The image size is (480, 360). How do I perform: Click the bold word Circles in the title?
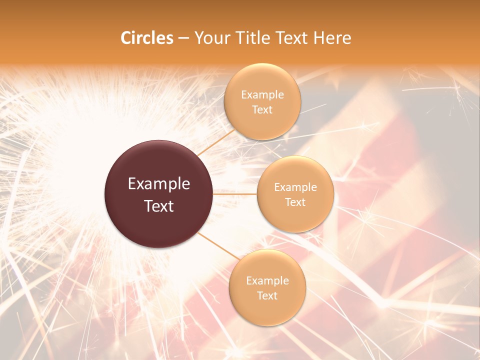click(x=147, y=38)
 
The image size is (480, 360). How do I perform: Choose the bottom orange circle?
click(x=267, y=310)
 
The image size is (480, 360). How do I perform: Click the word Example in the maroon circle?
click(x=159, y=184)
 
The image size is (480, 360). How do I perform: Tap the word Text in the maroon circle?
click(x=159, y=206)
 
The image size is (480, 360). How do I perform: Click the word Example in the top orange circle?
click(x=262, y=95)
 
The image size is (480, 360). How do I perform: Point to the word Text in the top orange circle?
click(x=262, y=110)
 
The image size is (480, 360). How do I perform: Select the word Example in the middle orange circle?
click(x=295, y=187)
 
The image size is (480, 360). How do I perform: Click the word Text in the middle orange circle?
click(x=295, y=202)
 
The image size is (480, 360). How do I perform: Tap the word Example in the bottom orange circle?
click(x=267, y=281)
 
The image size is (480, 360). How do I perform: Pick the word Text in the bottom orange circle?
click(x=267, y=296)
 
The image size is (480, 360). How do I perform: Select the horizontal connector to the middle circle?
click(x=235, y=194)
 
